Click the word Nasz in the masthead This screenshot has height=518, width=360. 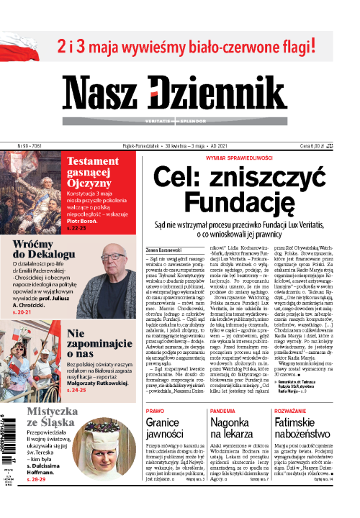(x=124, y=92)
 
